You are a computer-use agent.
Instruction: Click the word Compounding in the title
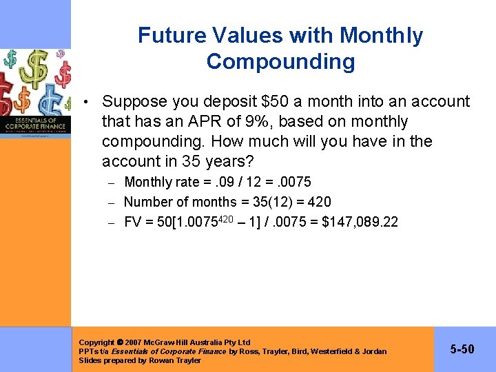280,62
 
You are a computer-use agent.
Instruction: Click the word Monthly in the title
380,35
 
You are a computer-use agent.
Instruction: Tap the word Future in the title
172,35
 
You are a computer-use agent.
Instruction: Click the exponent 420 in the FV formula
236,219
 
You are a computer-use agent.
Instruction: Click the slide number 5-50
462,349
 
